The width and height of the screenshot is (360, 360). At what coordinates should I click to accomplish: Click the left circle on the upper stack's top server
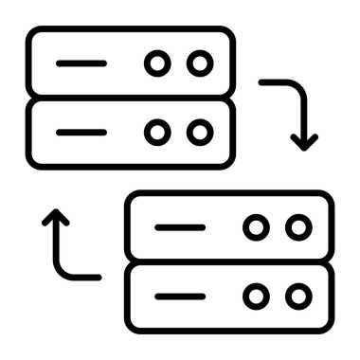pos(156,63)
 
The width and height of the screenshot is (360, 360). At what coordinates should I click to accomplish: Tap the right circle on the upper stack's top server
pos(199,63)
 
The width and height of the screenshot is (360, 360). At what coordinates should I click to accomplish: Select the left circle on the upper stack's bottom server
pos(156,132)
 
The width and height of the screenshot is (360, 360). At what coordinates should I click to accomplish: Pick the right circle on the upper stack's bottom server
pos(199,132)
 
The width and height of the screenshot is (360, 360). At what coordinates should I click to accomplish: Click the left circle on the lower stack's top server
pos(256,227)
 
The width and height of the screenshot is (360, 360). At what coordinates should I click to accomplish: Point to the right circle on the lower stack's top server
pos(298,227)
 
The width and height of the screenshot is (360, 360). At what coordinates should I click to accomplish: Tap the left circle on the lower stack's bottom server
pos(256,297)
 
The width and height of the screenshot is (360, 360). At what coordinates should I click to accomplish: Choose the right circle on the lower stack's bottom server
pos(298,297)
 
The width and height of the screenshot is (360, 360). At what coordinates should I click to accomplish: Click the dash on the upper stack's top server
pos(81,63)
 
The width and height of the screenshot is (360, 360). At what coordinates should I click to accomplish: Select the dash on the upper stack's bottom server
pos(81,132)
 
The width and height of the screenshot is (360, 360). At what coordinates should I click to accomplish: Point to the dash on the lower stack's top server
pos(180,227)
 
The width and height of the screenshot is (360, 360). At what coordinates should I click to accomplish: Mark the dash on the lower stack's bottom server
pos(180,297)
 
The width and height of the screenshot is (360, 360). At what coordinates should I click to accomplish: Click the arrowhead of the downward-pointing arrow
pos(303,142)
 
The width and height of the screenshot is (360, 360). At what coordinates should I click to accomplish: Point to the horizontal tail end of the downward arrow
pos(263,82)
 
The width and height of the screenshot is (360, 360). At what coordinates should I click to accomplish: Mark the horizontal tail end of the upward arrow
pos(97,277)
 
